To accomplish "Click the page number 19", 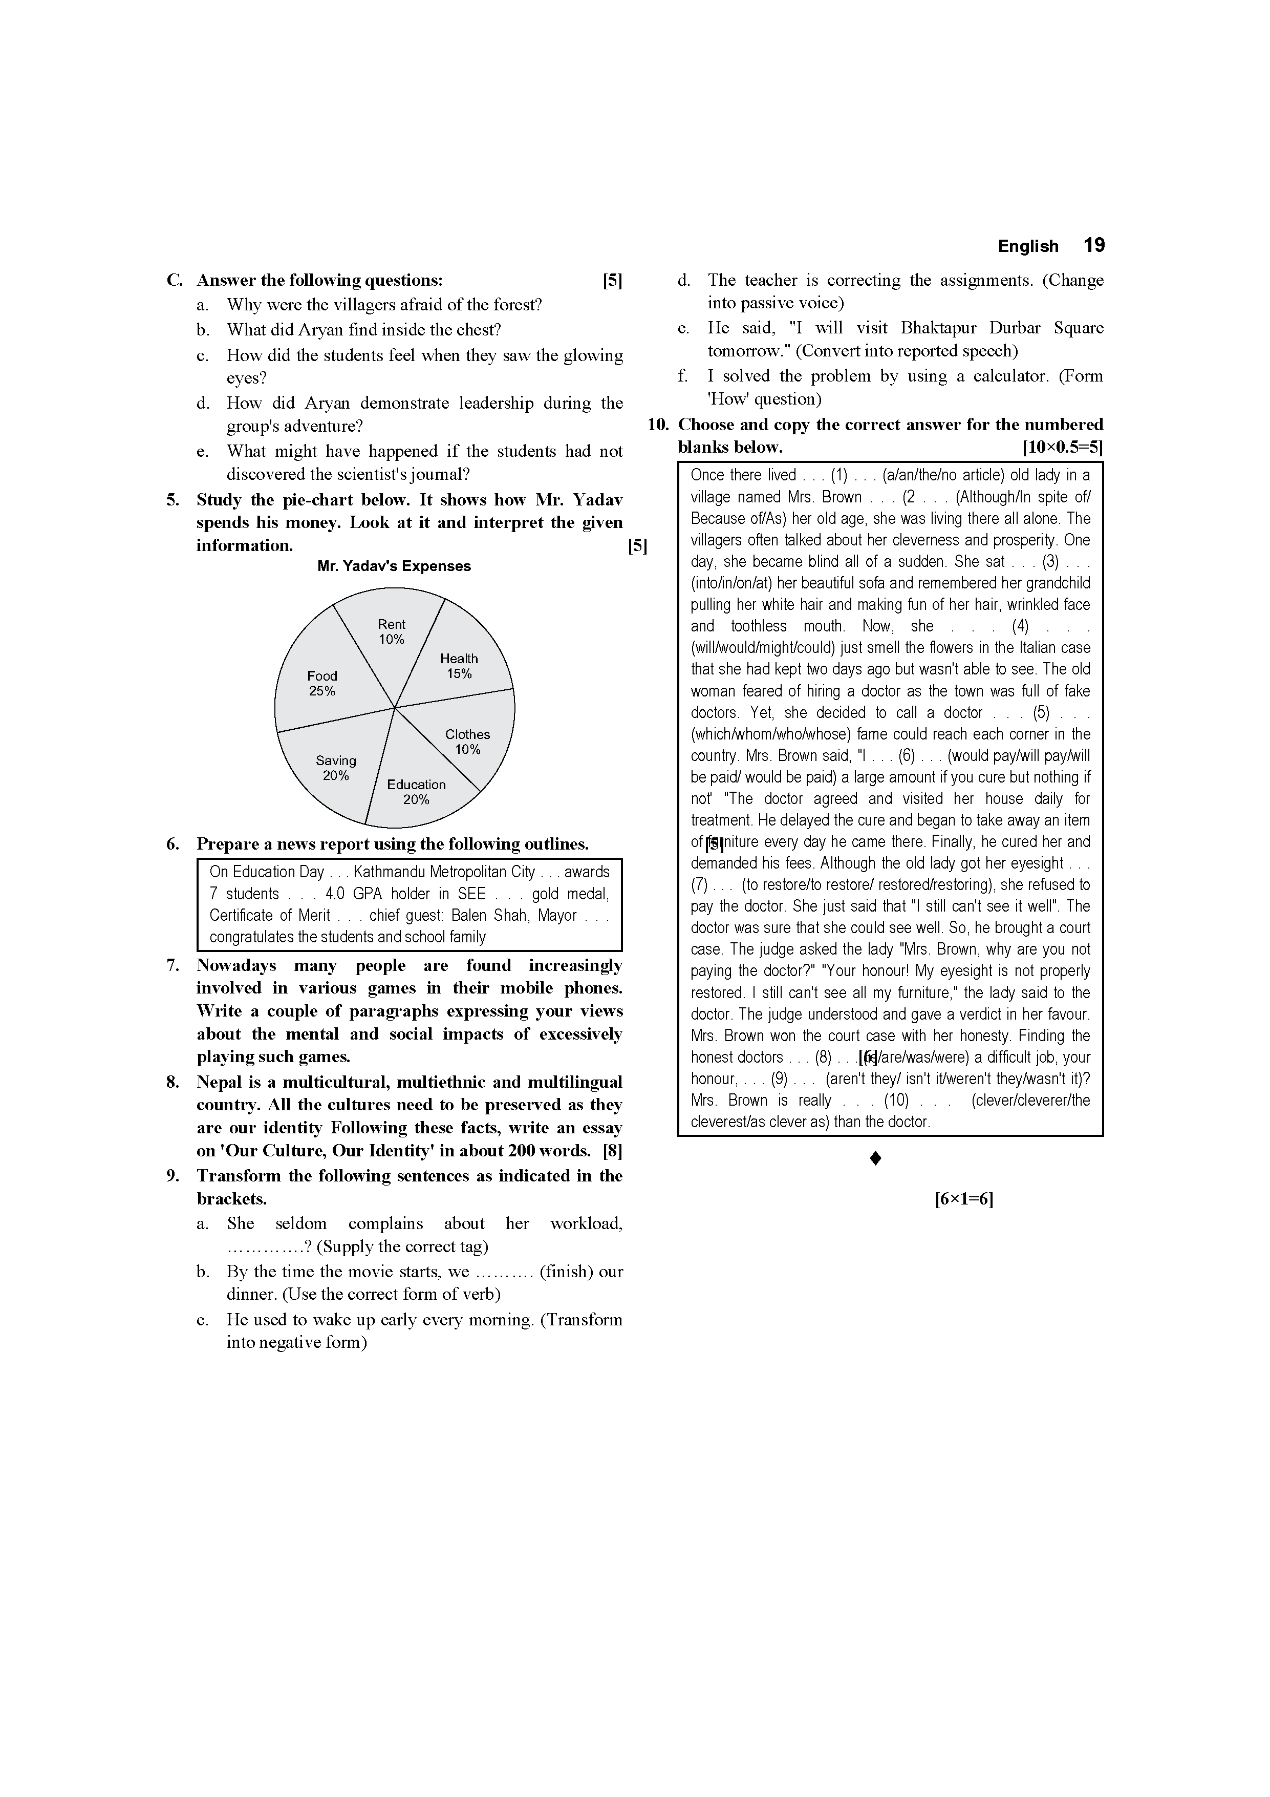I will (x=1093, y=246).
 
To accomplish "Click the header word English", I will (x=1027, y=246).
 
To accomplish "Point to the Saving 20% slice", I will (x=333, y=771).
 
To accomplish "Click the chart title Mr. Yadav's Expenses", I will (x=394, y=566).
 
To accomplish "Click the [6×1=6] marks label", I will (x=963, y=1199).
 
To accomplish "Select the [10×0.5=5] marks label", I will (x=1062, y=448).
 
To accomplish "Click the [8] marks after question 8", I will (x=612, y=1151).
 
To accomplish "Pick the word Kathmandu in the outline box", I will (x=389, y=872).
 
